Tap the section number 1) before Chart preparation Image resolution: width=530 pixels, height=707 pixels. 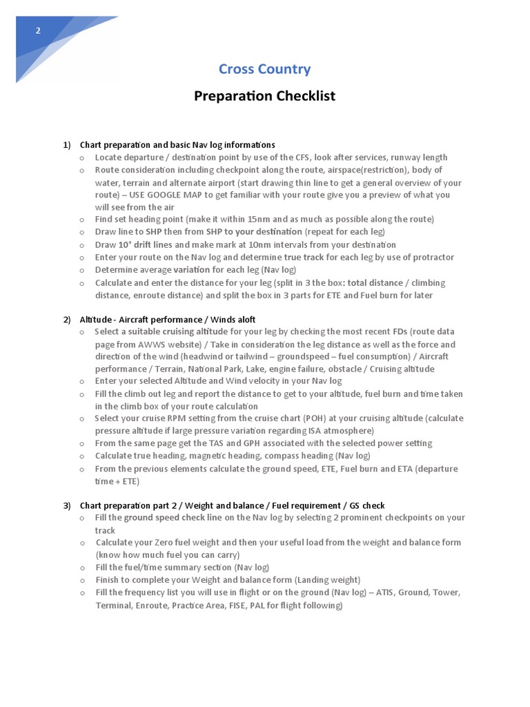[x=67, y=145]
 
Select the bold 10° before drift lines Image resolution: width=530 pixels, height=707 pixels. [x=124, y=244]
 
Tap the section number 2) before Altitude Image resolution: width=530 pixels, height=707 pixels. [x=67, y=320]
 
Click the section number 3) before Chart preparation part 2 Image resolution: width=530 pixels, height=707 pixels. [x=67, y=505]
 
